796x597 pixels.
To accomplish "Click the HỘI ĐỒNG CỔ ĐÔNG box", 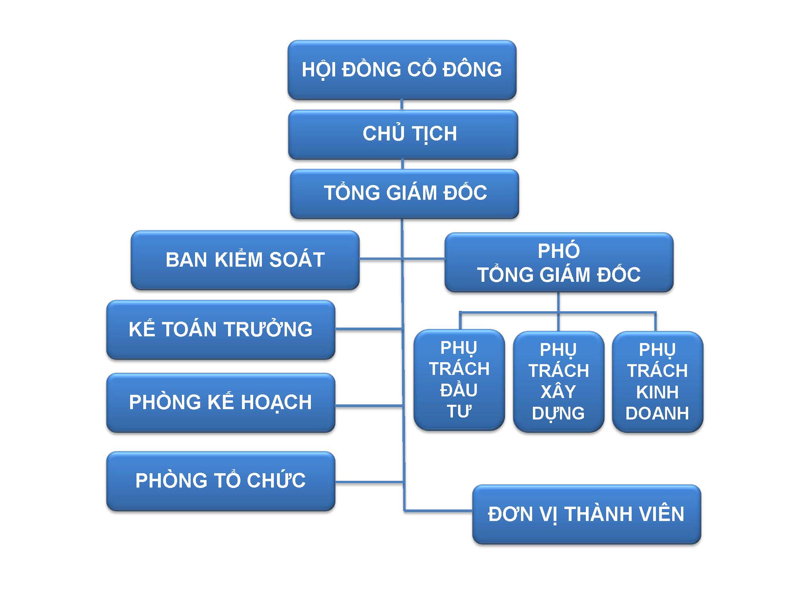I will click(402, 70).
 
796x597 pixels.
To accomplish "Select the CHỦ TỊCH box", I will click(403, 134).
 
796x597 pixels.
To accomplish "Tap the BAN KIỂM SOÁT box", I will click(245, 260).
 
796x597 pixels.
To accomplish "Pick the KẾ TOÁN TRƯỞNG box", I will click(220, 330).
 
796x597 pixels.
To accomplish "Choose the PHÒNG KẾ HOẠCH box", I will click(220, 402).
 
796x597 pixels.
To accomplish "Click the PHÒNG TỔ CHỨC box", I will click(220, 481).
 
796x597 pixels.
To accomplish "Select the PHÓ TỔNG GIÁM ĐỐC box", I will click(559, 263).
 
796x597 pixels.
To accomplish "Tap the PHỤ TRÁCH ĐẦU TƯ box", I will click(459, 380).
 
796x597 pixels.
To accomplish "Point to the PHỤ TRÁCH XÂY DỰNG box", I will click(558, 381).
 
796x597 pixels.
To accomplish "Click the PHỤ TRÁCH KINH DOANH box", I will click(657, 381).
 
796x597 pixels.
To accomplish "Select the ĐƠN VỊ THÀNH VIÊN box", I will click(586, 514).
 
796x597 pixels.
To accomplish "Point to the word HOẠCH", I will click(276, 402).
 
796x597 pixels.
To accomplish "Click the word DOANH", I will click(657, 414).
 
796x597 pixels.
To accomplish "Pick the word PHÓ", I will click(559, 251).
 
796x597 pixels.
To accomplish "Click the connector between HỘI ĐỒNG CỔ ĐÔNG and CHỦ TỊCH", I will click(402, 105).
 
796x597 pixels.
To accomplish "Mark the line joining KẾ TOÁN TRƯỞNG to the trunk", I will click(369, 329).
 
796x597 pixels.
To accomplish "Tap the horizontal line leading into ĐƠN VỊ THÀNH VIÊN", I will click(438, 510).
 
